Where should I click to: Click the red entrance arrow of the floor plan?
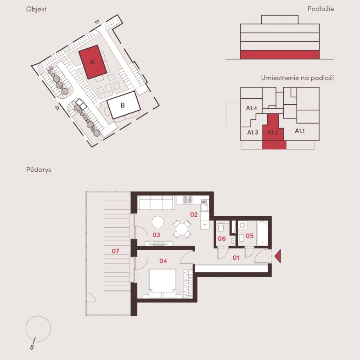(x=278, y=256)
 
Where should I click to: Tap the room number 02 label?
(x=194, y=214)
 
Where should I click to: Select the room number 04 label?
(x=163, y=261)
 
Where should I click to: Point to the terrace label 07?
(x=116, y=251)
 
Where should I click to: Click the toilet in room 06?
(x=221, y=228)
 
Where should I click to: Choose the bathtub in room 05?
(x=262, y=233)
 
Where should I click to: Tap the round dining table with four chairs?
(x=182, y=229)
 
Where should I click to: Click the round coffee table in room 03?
(x=158, y=222)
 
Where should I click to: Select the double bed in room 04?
(x=163, y=284)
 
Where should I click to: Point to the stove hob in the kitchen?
(x=187, y=199)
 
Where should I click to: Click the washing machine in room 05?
(x=242, y=225)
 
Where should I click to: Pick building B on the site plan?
(x=124, y=105)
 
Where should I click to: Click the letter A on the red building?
(x=92, y=62)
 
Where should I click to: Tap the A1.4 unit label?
(x=252, y=108)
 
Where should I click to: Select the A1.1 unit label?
(x=299, y=131)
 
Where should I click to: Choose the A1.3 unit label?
(x=253, y=132)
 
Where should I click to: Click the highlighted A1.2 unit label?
(x=273, y=132)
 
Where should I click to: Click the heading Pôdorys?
(x=39, y=170)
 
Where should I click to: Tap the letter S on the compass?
(x=32, y=347)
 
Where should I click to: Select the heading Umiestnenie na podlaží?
(x=298, y=78)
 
